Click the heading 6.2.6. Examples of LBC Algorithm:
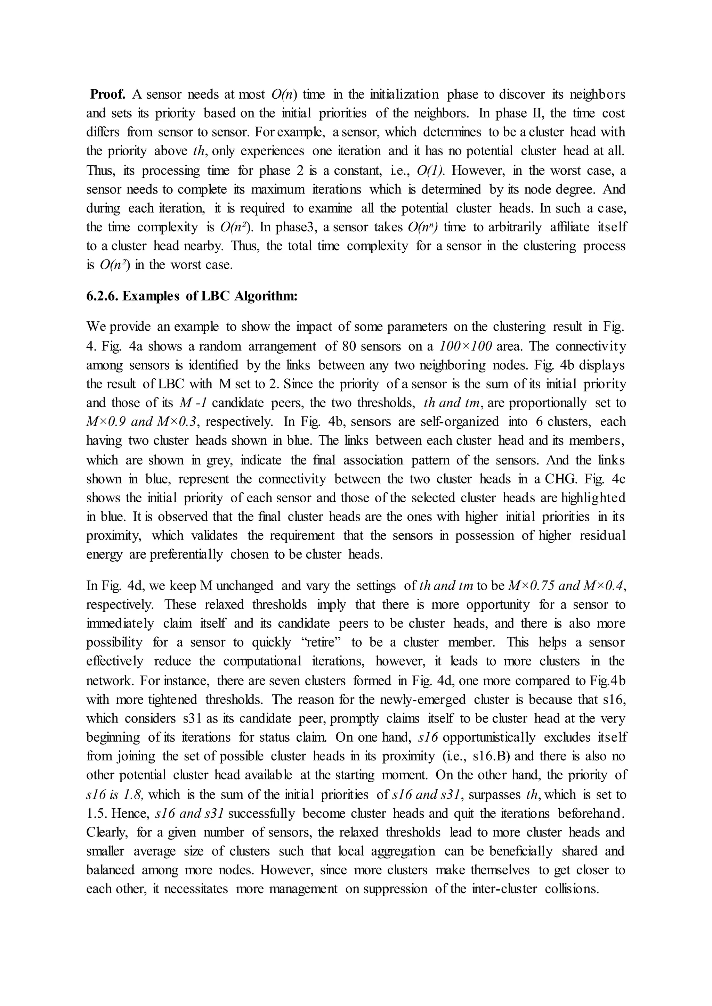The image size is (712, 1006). [x=192, y=296]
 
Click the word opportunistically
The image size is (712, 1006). [x=489, y=737]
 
